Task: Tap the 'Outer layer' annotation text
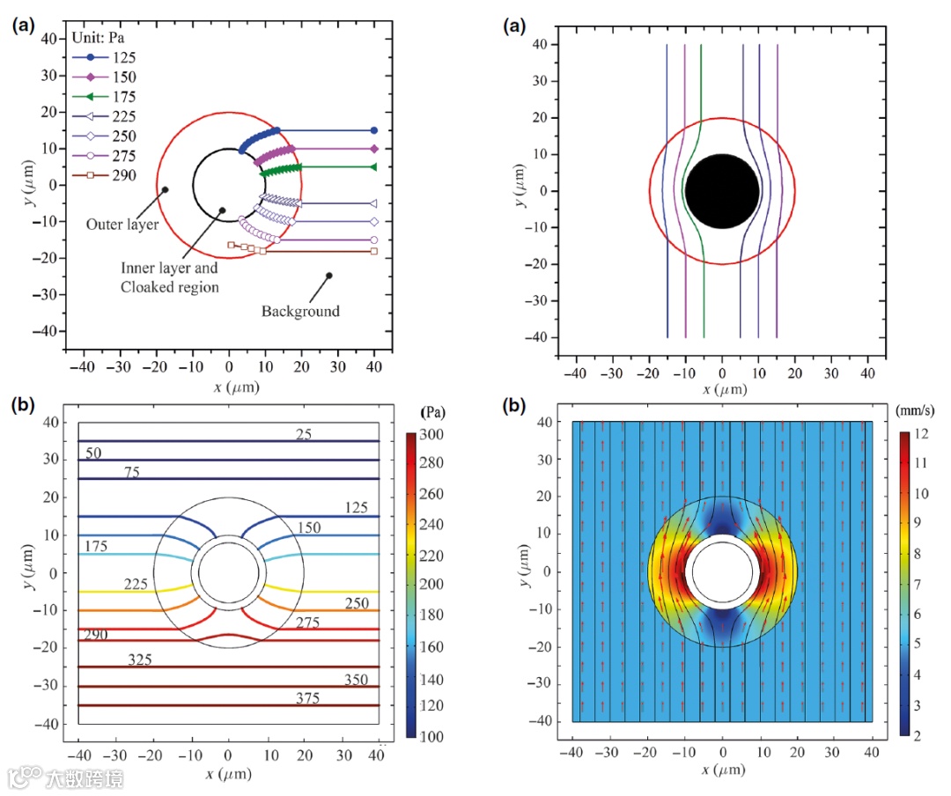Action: click(x=122, y=225)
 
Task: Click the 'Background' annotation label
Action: click(x=300, y=311)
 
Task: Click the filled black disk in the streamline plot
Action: click(x=722, y=191)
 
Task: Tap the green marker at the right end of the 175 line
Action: click(x=373, y=166)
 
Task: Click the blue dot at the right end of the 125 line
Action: click(x=373, y=130)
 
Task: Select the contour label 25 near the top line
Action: click(x=304, y=433)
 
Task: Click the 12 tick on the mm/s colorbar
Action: click(x=922, y=434)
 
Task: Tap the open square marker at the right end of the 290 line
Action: click(x=373, y=252)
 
